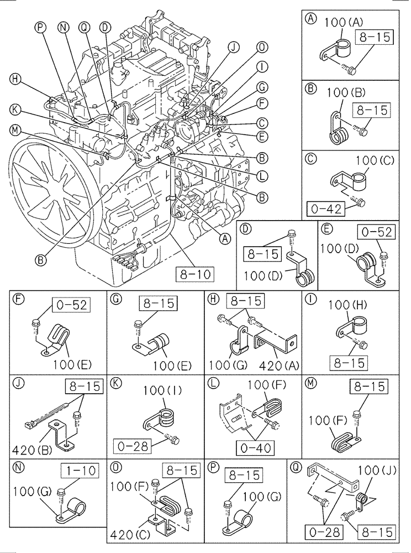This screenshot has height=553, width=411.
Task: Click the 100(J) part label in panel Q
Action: (x=377, y=471)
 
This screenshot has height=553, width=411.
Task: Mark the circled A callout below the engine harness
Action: (x=224, y=238)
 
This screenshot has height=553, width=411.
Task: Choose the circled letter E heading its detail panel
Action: (x=328, y=227)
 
